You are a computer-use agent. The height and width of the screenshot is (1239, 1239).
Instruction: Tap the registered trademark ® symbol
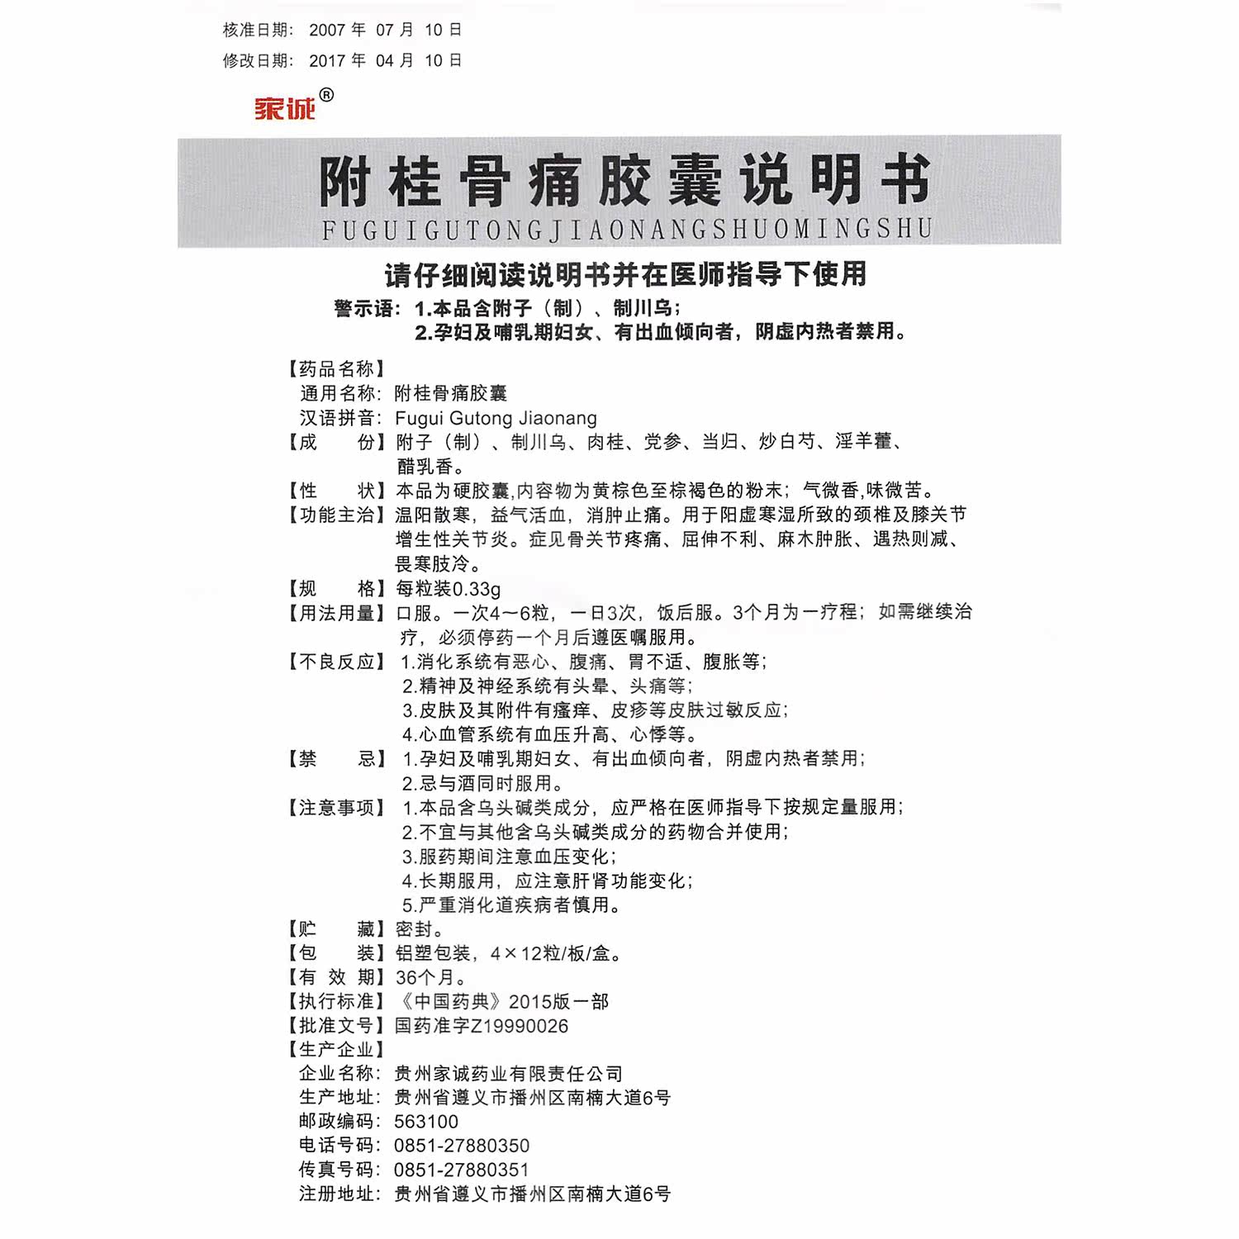click(326, 96)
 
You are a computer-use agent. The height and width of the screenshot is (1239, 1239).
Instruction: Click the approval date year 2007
click(327, 31)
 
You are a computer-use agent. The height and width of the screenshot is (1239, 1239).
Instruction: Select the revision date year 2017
click(327, 61)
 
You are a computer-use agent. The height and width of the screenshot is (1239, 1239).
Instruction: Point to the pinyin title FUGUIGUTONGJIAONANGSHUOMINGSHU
click(627, 229)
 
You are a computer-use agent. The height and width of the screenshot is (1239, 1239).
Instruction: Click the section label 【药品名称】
click(335, 369)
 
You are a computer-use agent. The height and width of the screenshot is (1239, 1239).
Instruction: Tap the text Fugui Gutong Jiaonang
click(496, 418)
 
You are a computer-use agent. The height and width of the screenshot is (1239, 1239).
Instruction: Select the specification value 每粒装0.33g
click(449, 589)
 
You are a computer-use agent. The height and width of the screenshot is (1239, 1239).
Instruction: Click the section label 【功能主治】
click(335, 515)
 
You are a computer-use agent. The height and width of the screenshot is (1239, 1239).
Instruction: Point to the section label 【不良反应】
click(335, 662)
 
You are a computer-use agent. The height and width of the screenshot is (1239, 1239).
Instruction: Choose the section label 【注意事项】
click(335, 808)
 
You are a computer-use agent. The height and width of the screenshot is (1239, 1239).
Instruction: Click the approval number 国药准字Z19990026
click(482, 1026)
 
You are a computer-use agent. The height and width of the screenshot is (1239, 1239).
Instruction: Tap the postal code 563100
click(426, 1122)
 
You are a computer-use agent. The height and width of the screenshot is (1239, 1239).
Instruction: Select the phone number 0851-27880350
click(462, 1146)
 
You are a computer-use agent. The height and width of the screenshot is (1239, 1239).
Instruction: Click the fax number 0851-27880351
click(462, 1170)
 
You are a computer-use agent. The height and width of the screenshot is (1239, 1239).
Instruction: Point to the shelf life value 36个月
click(430, 977)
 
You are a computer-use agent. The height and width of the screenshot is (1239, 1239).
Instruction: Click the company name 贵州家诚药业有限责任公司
click(509, 1074)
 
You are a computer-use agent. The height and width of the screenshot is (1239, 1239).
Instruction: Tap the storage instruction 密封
click(420, 929)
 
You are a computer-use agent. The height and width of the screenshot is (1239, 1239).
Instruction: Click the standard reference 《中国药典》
click(450, 1002)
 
